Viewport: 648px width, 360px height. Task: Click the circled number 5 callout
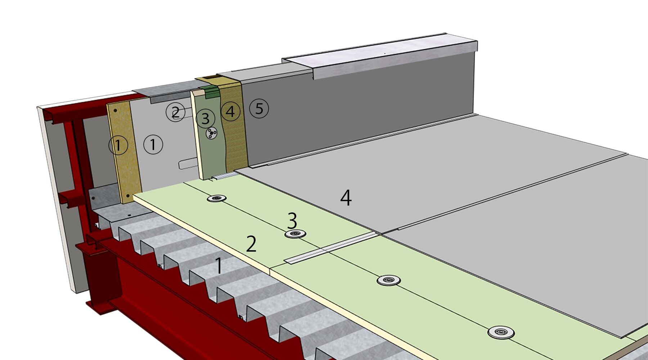pos(259,108)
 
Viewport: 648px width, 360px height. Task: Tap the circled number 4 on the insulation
pos(230,111)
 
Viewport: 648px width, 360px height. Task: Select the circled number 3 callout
pos(205,118)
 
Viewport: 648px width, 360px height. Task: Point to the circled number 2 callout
pos(175,112)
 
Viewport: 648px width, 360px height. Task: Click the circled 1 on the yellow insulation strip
pos(118,145)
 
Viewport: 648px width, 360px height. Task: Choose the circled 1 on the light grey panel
pos(153,144)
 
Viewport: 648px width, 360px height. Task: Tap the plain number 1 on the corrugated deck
pos(219,266)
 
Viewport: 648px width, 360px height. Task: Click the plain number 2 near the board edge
pos(251,244)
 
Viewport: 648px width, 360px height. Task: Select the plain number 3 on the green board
pos(292,220)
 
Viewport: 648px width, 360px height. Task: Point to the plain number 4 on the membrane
pos(346,198)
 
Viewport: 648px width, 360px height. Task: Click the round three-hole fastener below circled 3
pos(211,134)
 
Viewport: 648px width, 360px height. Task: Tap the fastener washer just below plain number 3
pos(295,234)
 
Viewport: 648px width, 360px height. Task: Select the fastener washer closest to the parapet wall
pos(216,198)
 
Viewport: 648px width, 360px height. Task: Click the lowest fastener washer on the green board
pos(501,332)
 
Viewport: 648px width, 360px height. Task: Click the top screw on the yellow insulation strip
pos(116,110)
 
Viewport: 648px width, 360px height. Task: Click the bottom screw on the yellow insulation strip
pos(128,196)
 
